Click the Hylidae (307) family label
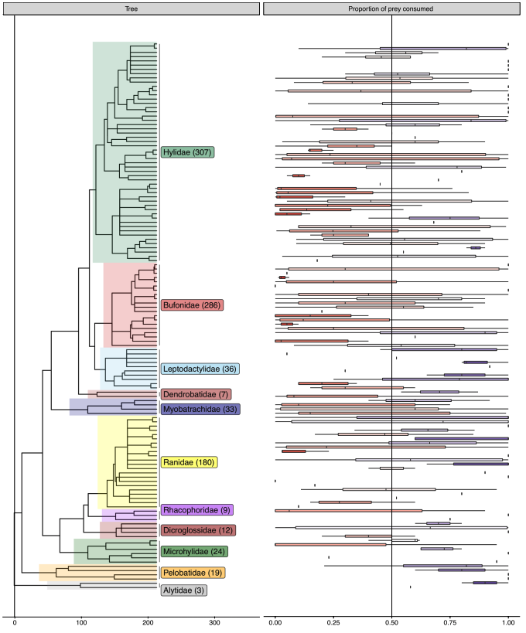[x=187, y=152]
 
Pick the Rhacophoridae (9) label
[x=196, y=510]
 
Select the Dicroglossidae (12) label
[x=198, y=530]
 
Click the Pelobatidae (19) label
[x=193, y=573]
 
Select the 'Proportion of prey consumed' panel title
[x=391, y=8]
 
